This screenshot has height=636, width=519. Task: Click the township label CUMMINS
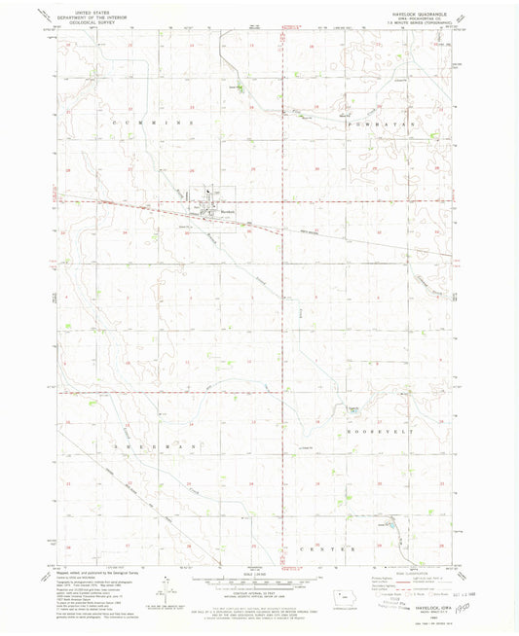coord(152,124)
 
